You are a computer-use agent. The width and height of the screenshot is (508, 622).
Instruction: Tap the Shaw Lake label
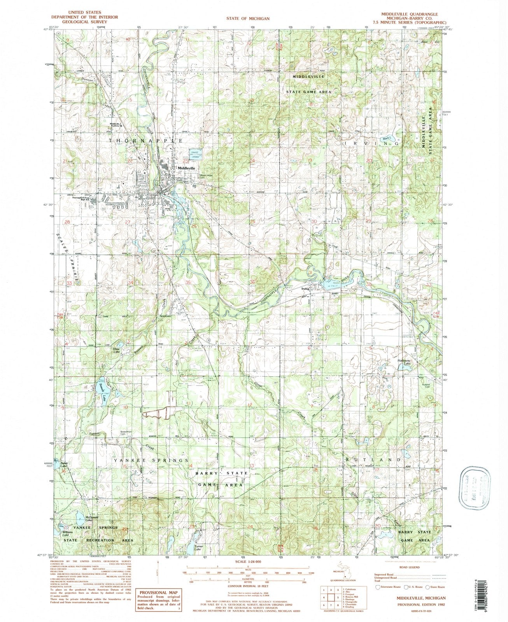[x=116, y=350]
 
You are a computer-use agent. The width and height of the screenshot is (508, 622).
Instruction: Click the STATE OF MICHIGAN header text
[x=249, y=18]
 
